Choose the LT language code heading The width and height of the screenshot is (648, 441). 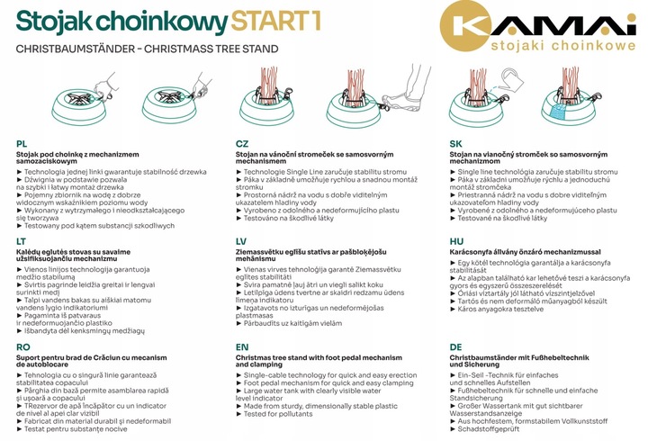coord(22,242)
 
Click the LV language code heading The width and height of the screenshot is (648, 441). coord(241,242)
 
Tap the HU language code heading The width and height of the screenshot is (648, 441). coord(457,242)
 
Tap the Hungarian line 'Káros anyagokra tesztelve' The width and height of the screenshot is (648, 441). coord(505,309)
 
